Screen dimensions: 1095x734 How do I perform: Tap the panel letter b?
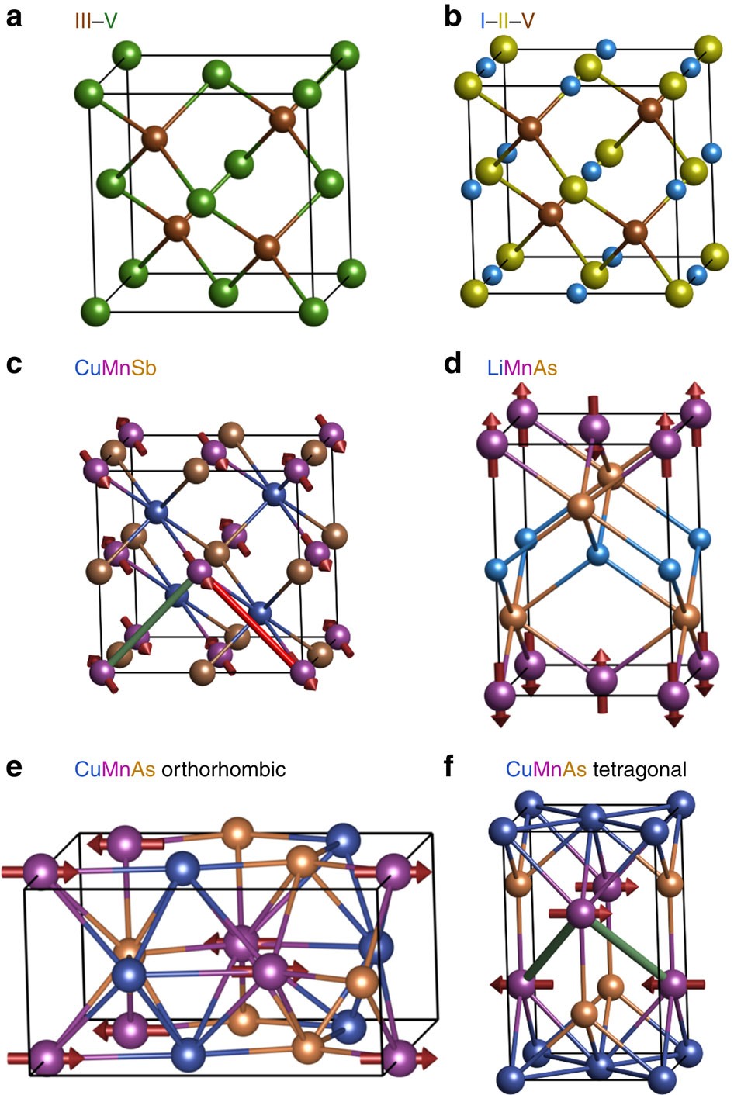coord(453,17)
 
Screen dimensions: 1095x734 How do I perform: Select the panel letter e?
coord(13,769)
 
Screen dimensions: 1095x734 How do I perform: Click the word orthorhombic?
coord(223,769)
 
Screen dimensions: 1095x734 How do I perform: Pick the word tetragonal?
coord(639,769)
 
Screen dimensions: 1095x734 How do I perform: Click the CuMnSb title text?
coord(116,367)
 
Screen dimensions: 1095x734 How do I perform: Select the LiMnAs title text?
coord(522,367)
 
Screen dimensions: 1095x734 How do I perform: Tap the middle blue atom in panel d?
coord(597,554)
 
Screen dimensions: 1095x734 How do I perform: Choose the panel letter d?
coord(453,364)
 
